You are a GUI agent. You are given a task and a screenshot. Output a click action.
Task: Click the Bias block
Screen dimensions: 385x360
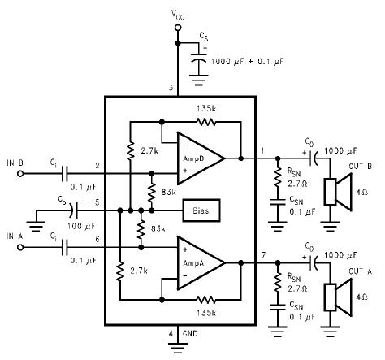(x=201, y=210)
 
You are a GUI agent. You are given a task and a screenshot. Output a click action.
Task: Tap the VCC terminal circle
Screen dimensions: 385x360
(x=178, y=28)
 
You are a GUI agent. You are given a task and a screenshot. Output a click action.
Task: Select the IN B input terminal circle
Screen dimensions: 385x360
(x=20, y=174)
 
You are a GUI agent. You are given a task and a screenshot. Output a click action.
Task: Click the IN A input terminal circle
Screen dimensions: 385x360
(x=20, y=248)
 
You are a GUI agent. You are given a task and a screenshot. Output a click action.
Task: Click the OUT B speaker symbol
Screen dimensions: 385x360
(x=339, y=192)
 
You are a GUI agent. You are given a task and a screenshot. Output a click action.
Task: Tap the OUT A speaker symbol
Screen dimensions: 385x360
(x=339, y=297)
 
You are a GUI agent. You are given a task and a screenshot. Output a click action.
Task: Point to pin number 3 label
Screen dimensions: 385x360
(x=171, y=88)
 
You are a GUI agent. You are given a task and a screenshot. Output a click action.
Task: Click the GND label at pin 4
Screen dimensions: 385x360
(x=190, y=333)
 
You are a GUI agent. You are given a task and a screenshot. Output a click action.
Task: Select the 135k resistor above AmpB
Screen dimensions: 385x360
(x=206, y=122)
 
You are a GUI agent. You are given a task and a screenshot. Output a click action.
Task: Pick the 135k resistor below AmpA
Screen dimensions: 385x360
(x=206, y=300)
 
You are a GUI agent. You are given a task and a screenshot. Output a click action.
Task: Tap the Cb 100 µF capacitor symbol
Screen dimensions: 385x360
(x=74, y=210)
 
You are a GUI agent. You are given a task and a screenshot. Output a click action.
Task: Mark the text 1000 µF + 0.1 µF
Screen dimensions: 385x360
(x=248, y=62)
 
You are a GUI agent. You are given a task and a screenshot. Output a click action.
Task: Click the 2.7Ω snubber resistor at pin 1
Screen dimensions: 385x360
(x=278, y=176)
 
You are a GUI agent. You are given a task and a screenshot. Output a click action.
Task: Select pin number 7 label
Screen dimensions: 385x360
(x=263, y=255)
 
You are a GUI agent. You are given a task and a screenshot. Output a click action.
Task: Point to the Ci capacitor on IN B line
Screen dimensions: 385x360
(x=65, y=174)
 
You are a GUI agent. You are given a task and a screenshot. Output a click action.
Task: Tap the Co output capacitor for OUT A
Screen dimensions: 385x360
(x=314, y=262)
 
